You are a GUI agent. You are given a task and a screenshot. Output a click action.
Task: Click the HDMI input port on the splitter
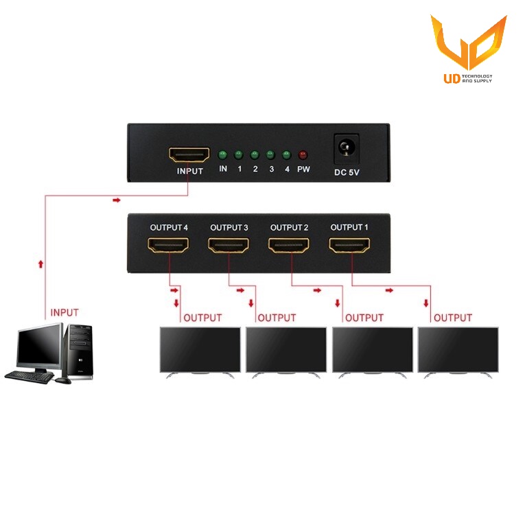[189, 154]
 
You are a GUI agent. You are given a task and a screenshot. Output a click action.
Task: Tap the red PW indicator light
[303, 155]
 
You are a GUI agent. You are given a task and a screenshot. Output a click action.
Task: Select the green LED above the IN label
[222, 155]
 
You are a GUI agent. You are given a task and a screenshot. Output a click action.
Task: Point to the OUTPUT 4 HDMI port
[168, 245]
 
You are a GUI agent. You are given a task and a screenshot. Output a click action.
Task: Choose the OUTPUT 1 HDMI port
[349, 245]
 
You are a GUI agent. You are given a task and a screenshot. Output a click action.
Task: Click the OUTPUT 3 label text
[229, 228]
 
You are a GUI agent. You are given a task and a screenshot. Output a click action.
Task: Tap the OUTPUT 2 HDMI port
[289, 245]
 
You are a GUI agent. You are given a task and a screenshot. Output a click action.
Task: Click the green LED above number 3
[270, 155]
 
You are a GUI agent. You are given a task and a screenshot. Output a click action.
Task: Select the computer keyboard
[29, 377]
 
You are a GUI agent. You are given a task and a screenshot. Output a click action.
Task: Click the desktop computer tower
[79, 351]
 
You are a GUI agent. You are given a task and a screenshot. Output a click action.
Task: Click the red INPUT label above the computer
[65, 312]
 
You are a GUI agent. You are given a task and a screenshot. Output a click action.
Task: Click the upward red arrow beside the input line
[41, 264]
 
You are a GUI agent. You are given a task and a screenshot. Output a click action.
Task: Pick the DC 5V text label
[347, 172]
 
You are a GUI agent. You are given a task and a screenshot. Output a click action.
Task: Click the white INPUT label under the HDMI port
[190, 171]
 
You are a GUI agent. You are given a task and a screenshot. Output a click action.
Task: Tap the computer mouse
[63, 381]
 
